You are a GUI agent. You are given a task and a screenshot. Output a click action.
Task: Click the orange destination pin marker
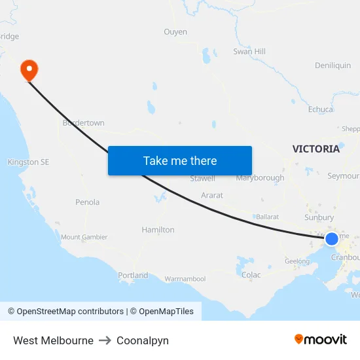(29, 69)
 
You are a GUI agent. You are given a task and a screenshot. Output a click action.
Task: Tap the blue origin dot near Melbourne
(332, 239)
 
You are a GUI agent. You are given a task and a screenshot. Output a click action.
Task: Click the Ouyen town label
(175, 31)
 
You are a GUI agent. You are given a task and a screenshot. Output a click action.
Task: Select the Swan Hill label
(249, 51)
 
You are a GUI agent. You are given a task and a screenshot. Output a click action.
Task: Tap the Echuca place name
(321, 110)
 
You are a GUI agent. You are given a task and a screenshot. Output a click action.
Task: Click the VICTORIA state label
(316, 149)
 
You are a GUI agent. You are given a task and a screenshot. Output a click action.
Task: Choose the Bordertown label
(83, 123)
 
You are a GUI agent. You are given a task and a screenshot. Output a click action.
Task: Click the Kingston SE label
(28, 162)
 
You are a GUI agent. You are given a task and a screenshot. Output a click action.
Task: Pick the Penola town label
(87, 202)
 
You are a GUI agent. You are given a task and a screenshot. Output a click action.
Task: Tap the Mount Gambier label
(84, 237)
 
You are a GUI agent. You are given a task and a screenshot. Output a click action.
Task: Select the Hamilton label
(158, 230)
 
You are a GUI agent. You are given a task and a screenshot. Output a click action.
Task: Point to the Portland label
(133, 276)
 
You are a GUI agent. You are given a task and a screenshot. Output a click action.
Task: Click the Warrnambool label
(185, 279)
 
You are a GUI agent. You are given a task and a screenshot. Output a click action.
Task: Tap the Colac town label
(251, 275)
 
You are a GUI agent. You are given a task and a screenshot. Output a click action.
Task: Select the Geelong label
(297, 261)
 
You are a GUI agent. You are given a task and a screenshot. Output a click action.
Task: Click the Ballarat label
(267, 216)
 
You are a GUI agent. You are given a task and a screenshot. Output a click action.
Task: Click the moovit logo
(320, 339)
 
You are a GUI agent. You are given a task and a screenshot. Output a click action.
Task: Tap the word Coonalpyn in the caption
(142, 340)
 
